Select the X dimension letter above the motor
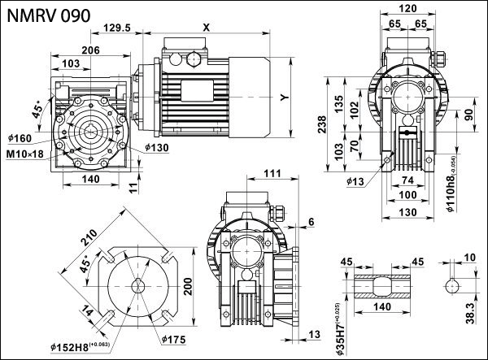pos(206,27)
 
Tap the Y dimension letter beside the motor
pos(284,97)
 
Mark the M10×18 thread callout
pos(30,153)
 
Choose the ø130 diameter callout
pos(158,148)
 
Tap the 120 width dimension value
pos(407,8)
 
